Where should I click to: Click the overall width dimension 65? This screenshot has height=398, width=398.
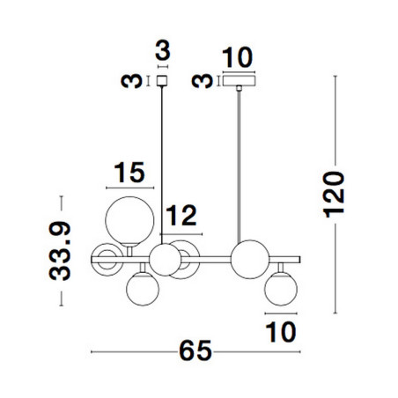pos(195,350)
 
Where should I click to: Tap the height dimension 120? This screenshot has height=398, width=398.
pos(334,195)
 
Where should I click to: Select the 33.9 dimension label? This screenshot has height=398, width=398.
pos(60,251)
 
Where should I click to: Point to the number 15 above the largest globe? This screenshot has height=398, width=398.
pos(129,173)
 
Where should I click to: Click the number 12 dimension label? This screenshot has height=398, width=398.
pos(181,216)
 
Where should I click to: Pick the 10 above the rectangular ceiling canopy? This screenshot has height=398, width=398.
pos(237,57)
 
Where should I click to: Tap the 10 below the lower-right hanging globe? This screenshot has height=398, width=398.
pos(281,332)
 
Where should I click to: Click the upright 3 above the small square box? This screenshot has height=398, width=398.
pos(163,50)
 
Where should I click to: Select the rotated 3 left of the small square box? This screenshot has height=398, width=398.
pos(131,81)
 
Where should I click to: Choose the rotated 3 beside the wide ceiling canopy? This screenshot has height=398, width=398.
pos(202,81)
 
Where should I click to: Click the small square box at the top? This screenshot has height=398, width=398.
pos(162,81)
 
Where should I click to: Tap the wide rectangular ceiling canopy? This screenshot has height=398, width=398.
pos(239,81)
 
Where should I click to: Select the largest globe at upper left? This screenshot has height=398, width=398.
pos(129,221)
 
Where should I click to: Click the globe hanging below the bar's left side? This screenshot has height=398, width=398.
pos(143,289)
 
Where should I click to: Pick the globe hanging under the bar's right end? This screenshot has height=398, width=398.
pos(281,289)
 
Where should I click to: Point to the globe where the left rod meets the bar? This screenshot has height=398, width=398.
pos(166,260)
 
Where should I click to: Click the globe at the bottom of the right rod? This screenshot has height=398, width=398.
pos(250,260)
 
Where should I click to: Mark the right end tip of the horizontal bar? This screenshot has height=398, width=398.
pos(300,260)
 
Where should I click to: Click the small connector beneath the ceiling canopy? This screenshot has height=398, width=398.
pos(240,88)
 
